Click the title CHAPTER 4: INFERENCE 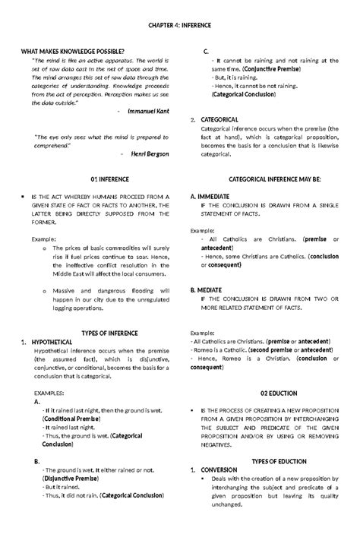tap(180, 25)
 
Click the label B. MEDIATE tap(207, 290)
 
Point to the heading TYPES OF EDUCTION tap(274, 461)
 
